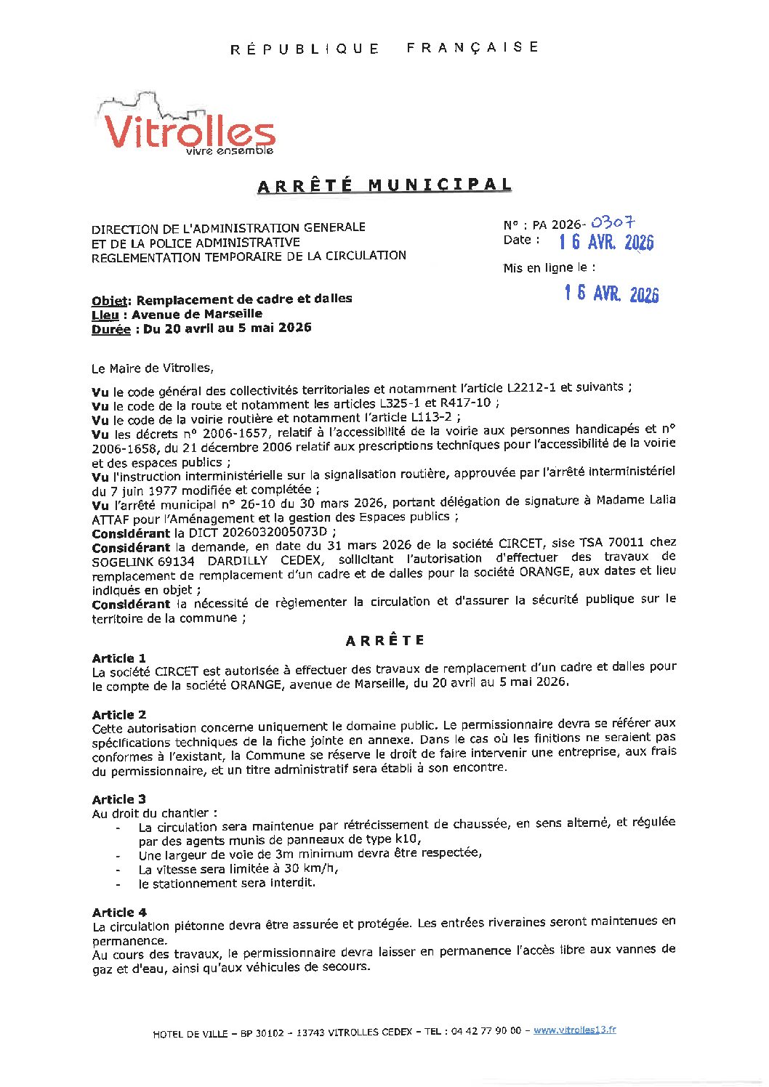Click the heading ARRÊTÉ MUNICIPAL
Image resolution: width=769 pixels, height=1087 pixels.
coord(384,185)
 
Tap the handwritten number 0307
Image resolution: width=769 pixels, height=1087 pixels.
coord(613,222)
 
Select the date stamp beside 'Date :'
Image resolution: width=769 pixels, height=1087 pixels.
coord(606,242)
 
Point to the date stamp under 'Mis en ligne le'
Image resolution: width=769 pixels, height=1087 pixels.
coord(611,293)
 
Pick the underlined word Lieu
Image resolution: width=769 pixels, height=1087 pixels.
coord(105,315)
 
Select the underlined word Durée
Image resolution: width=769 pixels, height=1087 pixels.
coord(110,329)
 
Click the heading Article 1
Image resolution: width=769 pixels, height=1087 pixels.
coord(118,658)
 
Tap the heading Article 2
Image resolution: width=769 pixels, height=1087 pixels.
coord(118,715)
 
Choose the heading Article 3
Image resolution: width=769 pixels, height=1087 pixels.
coord(118,799)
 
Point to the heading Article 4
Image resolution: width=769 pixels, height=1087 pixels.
coord(118,913)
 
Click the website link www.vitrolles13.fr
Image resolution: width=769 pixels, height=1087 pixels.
coord(574,1030)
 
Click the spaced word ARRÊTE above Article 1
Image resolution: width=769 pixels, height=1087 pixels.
coord(384,641)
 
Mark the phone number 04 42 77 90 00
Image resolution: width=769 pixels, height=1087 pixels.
coord(486,1030)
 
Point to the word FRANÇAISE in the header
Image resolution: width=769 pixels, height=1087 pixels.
coord(472,47)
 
